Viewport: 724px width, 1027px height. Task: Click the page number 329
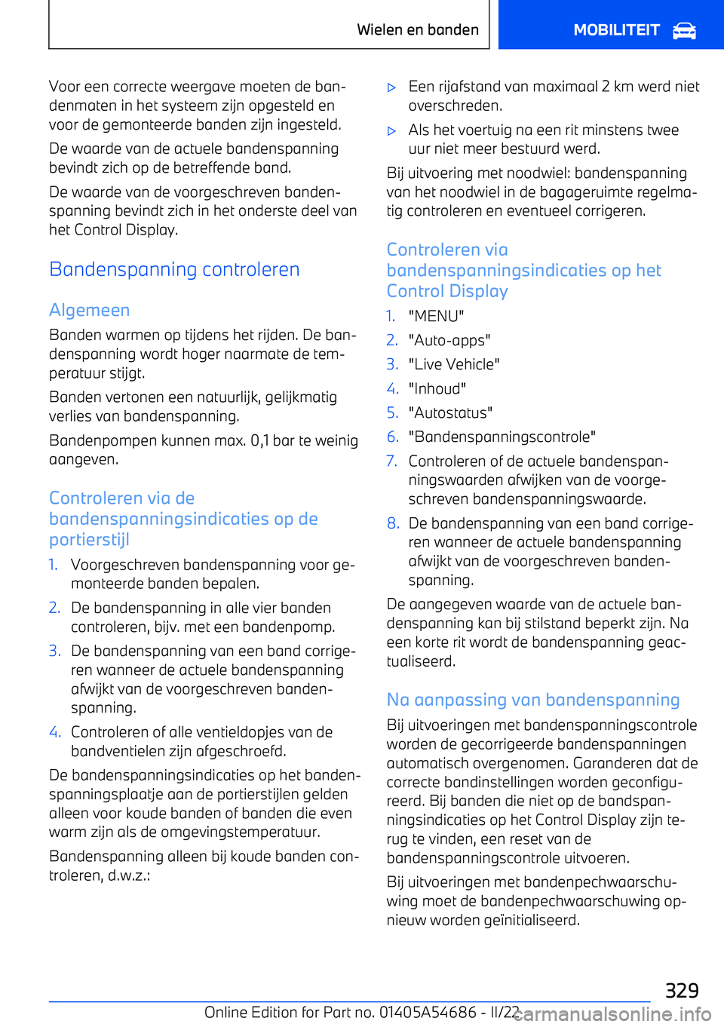click(682, 990)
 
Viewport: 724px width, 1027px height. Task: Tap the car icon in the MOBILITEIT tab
click(684, 31)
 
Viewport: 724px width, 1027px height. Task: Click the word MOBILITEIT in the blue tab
click(616, 30)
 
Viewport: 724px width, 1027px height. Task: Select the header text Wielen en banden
click(418, 30)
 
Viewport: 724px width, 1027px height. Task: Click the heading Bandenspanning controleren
click(174, 269)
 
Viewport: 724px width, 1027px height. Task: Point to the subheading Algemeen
click(89, 310)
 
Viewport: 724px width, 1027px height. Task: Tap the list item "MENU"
click(436, 316)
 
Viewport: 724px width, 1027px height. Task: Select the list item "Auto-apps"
click(449, 340)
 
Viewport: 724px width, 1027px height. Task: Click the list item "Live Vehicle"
click(454, 364)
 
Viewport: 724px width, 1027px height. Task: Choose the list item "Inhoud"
click(437, 388)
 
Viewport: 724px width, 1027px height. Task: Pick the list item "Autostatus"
click(450, 412)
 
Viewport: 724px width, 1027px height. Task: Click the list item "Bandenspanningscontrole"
click(502, 437)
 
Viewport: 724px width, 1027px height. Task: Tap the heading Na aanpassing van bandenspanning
click(533, 700)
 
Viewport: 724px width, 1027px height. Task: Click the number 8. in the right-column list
click(393, 523)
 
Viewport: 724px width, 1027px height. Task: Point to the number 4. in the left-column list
click(54, 731)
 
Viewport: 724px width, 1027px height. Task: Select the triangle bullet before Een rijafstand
click(391, 87)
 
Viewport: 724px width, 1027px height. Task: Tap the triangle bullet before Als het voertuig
click(391, 131)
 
